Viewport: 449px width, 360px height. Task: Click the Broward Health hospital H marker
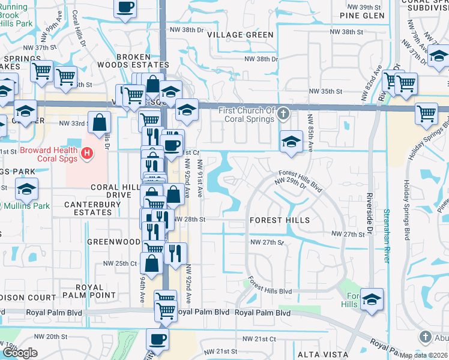88,154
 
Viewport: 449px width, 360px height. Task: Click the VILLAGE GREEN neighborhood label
241,35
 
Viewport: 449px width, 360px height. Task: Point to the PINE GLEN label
362,16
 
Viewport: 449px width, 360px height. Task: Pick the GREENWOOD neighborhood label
114,242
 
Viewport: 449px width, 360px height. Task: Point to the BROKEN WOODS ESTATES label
142,61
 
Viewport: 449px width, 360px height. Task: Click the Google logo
20,353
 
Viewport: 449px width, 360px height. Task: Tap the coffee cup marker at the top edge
125,7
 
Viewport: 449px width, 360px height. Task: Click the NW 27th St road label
348,233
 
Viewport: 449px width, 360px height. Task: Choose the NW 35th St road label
325,91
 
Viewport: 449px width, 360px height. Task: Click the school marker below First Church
291,142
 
